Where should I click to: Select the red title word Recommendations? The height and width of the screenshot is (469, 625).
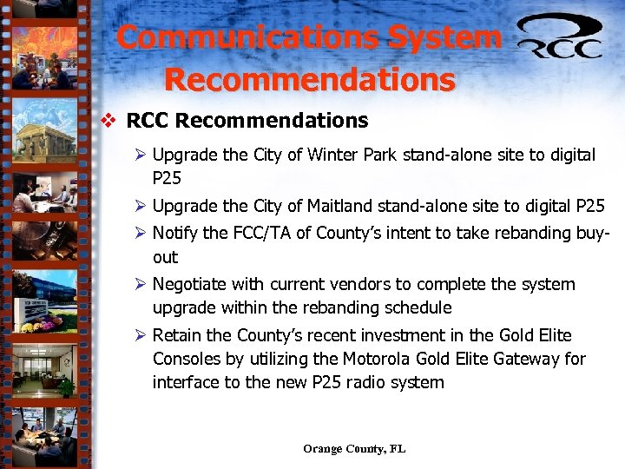(309, 79)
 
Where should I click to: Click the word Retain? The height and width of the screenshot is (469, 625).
(178, 336)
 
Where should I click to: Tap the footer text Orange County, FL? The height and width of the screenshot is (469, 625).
(354, 449)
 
